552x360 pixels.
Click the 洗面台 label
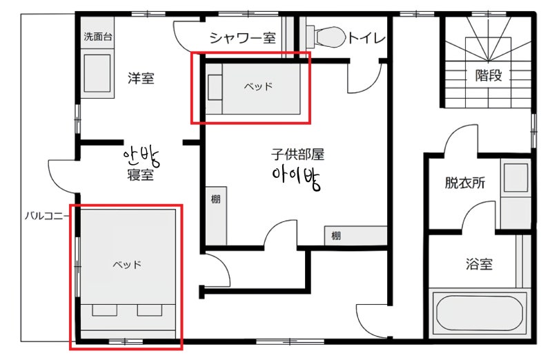[x=97, y=37]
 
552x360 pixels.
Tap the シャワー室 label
[x=243, y=38]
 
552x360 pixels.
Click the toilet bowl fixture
[x=326, y=37]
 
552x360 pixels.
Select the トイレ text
[x=367, y=38]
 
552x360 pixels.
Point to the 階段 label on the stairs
[x=489, y=75]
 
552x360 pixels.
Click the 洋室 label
[x=141, y=78]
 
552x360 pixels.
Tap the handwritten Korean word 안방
[x=141, y=157]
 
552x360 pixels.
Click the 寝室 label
[x=140, y=174]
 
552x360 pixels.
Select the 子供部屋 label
[x=297, y=154]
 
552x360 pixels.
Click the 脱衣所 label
[x=464, y=183]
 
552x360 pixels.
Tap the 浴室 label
[x=479, y=263]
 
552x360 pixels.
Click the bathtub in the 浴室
[x=480, y=313]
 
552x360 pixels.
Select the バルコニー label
[x=46, y=215]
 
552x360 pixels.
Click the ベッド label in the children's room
[x=258, y=86]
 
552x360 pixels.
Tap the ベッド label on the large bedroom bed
[x=127, y=264]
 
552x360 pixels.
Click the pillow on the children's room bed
[x=215, y=88]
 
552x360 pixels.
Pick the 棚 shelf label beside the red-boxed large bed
[x=215, y=199]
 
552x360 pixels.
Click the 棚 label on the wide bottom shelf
[x=336, y=235]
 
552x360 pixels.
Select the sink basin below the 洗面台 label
[x=97, y=73]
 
